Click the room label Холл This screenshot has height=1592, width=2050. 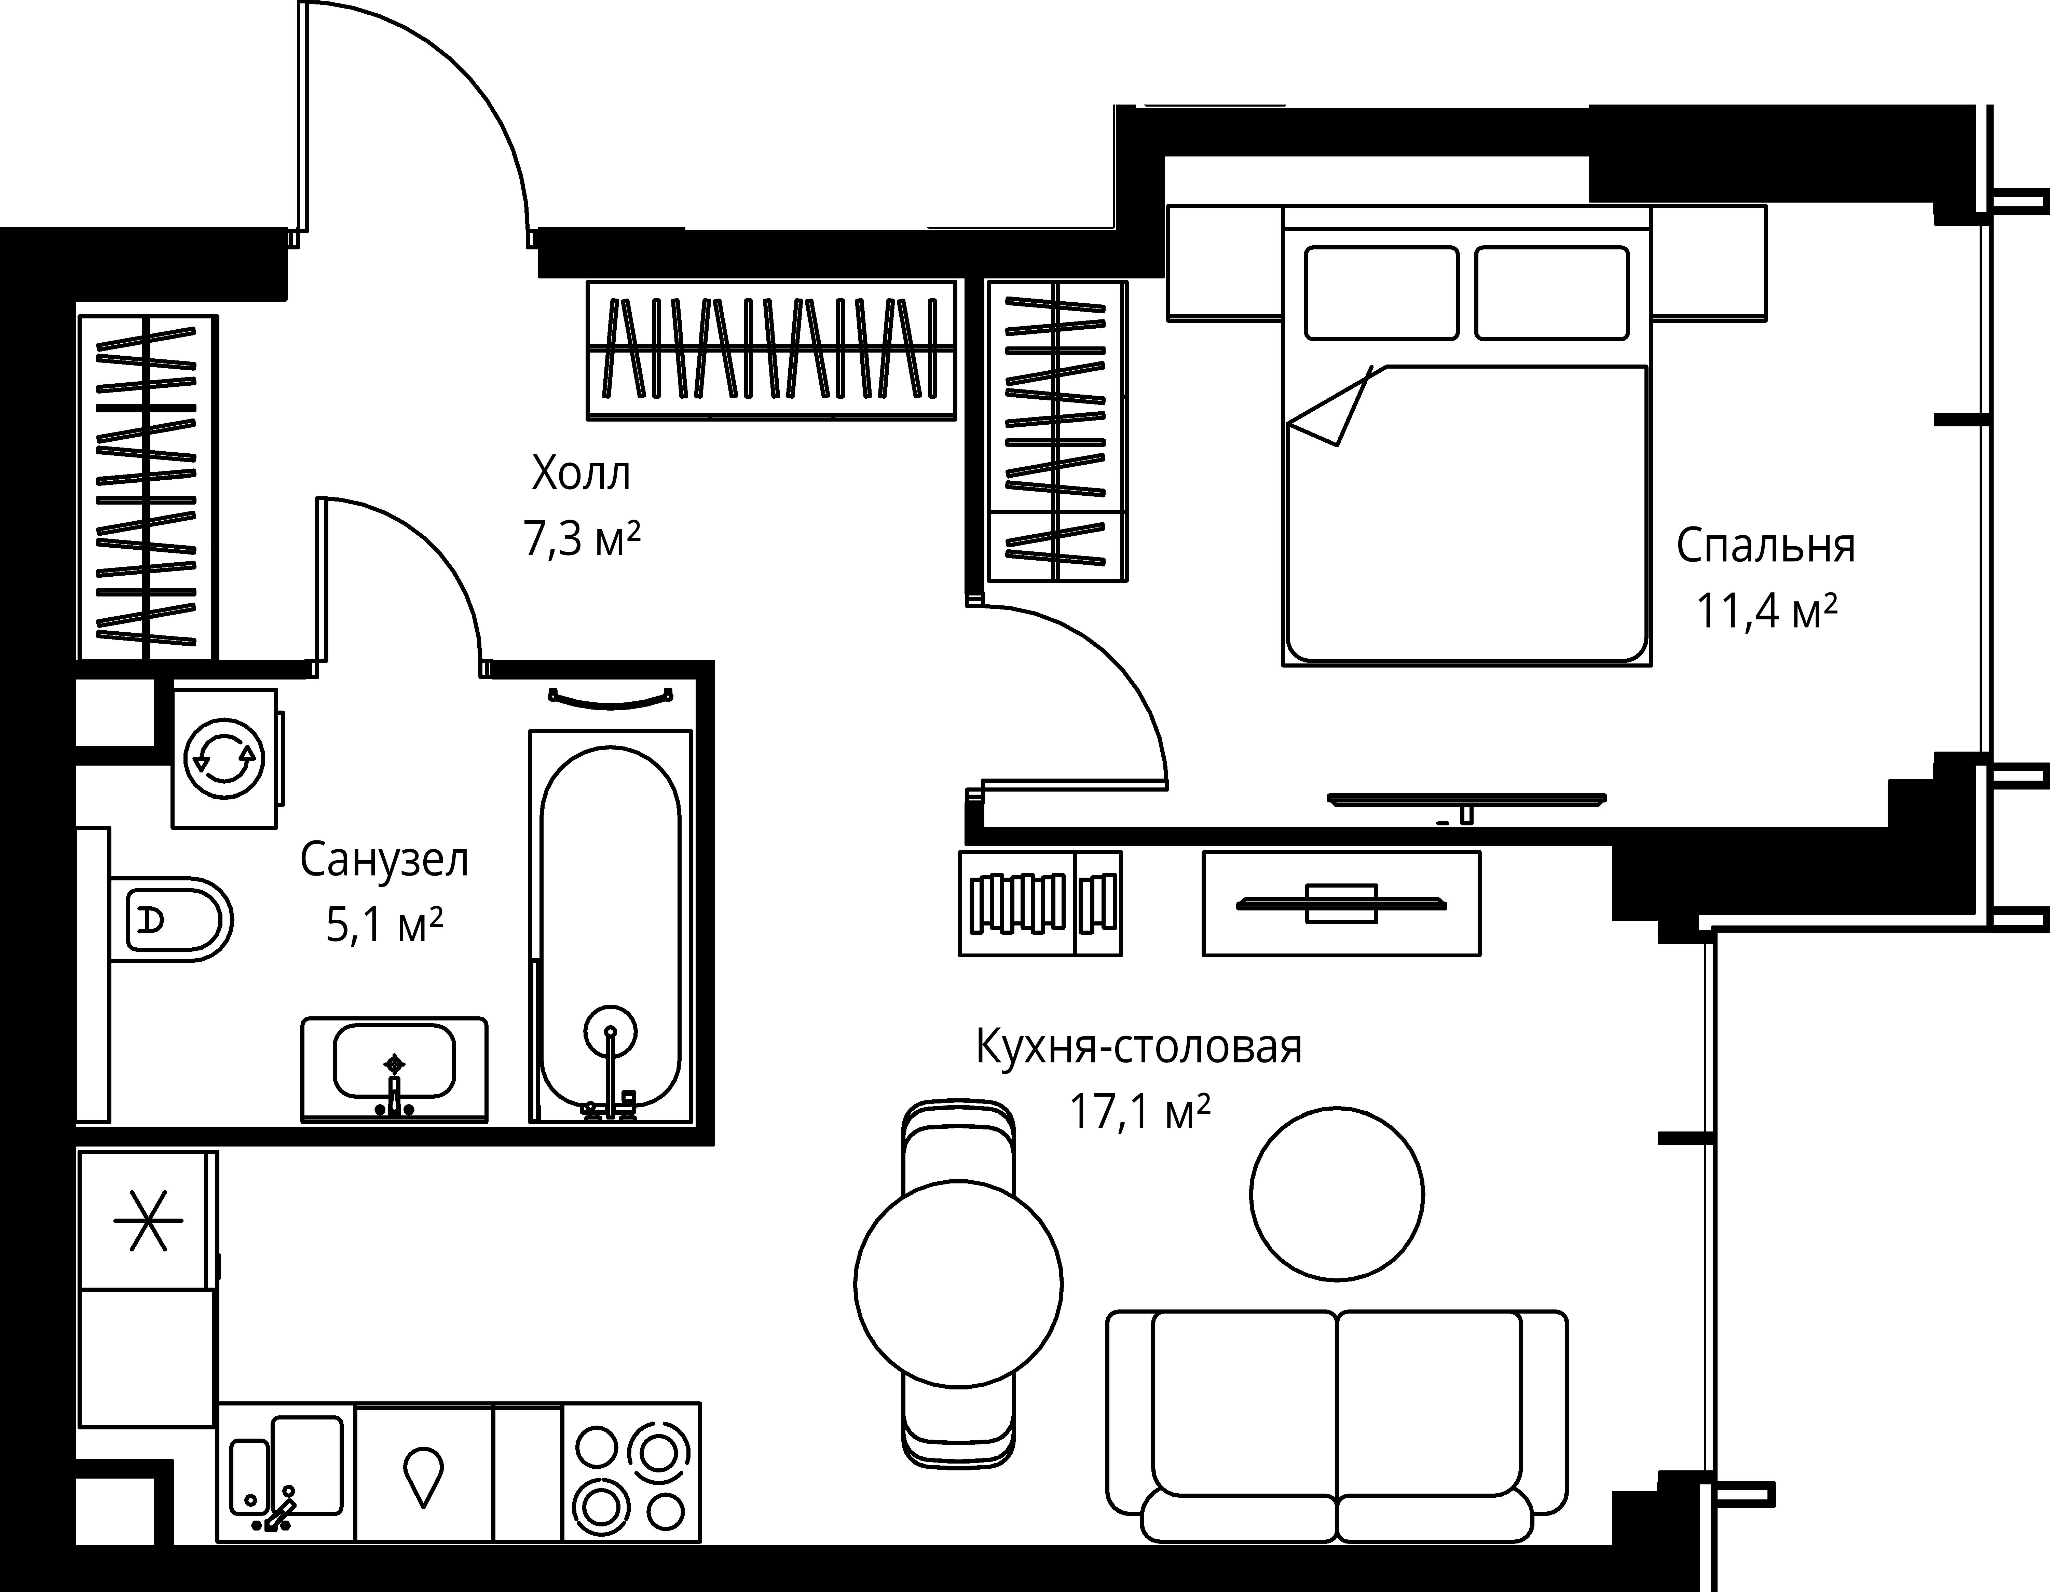tap(581, 474)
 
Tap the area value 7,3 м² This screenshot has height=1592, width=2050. tap(582, 540)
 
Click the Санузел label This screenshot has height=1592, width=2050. tap(384, 860)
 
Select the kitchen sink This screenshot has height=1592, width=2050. tap(286, 1471)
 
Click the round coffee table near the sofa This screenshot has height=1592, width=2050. tap(1337, 1194)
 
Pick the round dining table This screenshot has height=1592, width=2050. tap(958, 1282)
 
